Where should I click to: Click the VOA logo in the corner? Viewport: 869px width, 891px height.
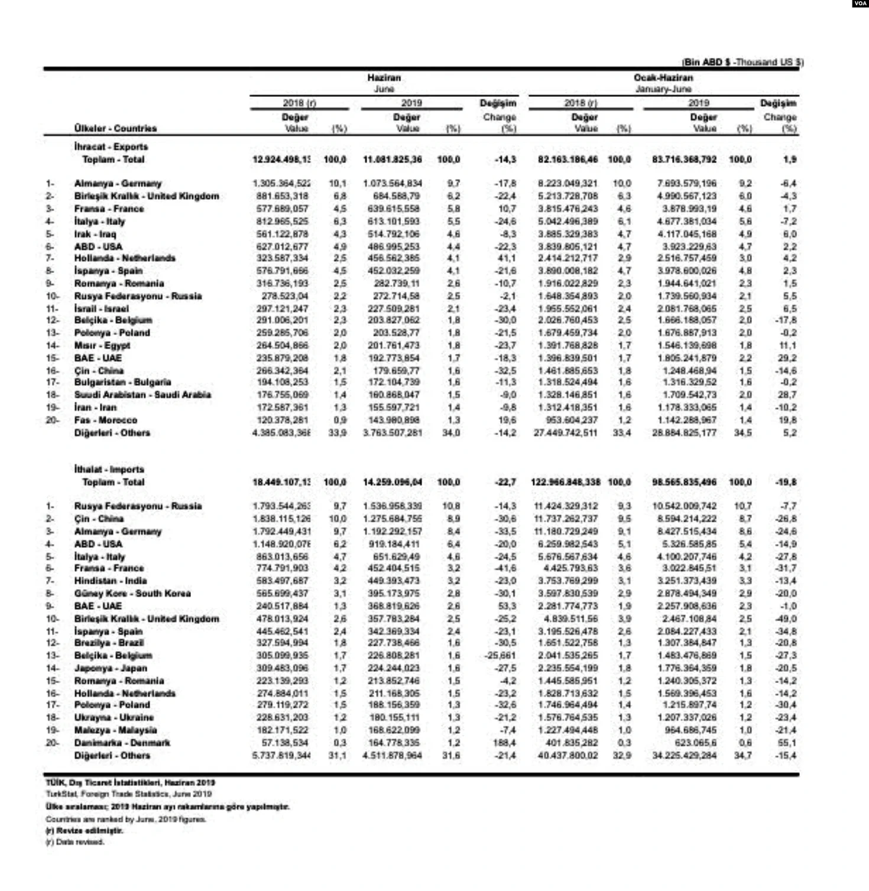(860, 4)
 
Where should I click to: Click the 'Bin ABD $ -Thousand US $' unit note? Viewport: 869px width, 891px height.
(742, 62)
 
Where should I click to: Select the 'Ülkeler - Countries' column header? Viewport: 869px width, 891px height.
(115, 128)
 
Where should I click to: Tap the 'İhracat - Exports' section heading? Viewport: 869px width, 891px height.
(111, 147)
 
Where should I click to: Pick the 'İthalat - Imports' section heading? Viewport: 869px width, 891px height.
(109, 469)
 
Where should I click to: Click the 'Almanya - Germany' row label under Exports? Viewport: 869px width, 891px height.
(118, 183)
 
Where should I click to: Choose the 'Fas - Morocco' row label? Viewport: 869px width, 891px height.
(105, 420)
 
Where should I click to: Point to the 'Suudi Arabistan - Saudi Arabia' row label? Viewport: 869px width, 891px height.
(142, 395)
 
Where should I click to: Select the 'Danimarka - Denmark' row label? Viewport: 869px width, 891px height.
(122, 743)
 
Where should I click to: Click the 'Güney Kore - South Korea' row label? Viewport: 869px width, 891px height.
(132, 593)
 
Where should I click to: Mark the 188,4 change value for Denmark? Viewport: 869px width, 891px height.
(507, 743)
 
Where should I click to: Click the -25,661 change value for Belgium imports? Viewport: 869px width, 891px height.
(500, 655)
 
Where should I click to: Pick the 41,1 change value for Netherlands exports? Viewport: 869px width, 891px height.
(507, 258)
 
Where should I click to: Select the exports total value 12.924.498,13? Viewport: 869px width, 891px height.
(281, 160)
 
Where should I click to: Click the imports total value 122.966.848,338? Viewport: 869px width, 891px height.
(565, 482)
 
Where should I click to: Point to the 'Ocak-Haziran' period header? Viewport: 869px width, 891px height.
(663, 77)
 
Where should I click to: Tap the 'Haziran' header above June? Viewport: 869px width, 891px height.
(384, 77)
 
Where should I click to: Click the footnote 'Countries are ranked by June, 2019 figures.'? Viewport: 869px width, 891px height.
(125, 819)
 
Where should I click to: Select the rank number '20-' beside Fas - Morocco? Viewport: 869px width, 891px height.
(52, 420)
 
